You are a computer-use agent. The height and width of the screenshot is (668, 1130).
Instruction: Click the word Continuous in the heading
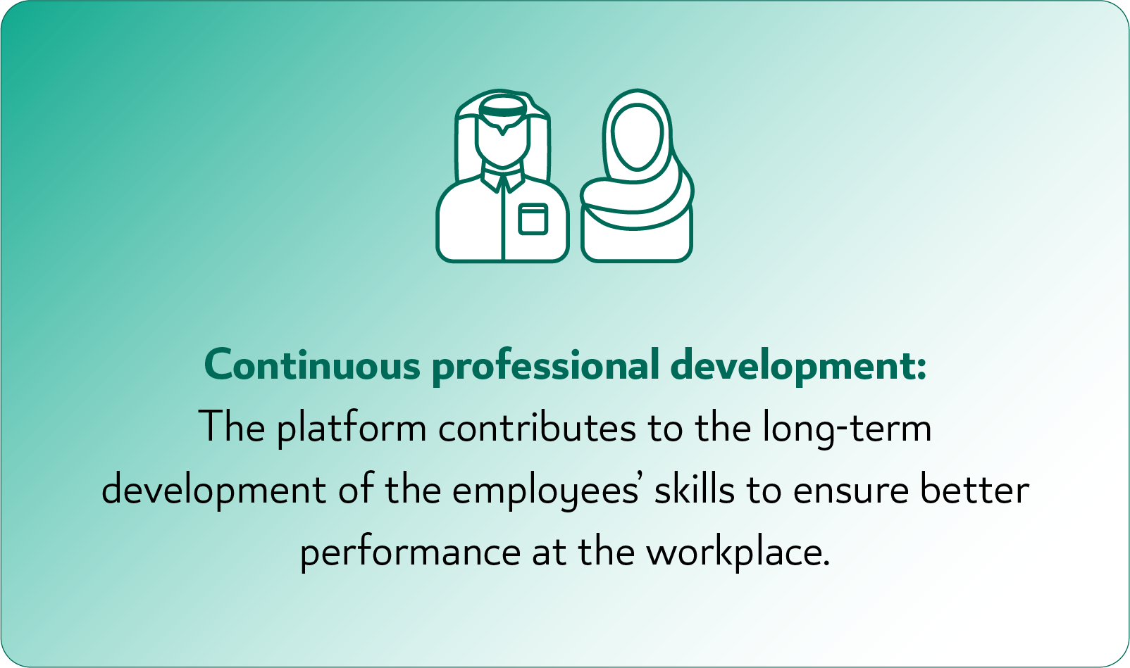coord(312,365)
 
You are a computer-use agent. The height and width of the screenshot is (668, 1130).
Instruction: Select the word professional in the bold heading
coord(546,366)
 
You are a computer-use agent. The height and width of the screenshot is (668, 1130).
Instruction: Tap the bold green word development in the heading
coord(793,366)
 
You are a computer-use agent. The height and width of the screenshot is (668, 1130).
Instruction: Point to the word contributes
coord(537,427)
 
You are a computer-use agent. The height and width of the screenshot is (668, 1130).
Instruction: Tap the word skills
coord(695,489)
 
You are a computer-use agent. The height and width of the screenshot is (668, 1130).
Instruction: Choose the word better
coord(974,489)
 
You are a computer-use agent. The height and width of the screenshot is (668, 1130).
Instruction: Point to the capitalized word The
coord(232,427)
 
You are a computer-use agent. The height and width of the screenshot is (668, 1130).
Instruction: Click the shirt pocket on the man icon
coord(533,219)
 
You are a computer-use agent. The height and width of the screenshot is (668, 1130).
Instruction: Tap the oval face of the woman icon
coord(637,137)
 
